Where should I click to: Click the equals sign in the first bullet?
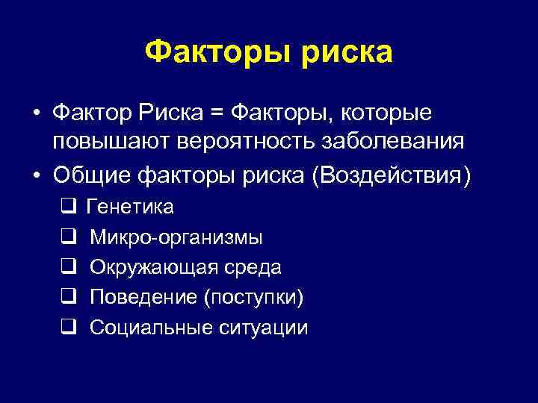tap(216, 113)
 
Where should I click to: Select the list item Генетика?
tap(131, 207)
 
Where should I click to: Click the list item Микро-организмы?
tap(176, 238)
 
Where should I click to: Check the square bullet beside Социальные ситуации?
tap(66, 327)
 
